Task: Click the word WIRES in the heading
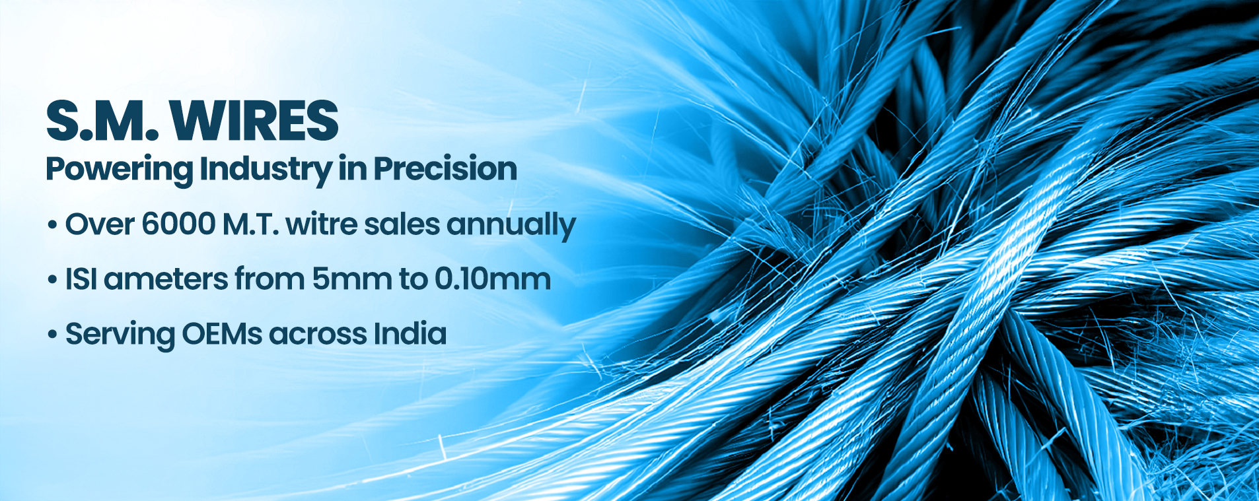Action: click(254, 121)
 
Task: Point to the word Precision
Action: click(445, 169)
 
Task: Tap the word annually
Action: click(511, 227)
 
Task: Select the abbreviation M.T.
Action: click(250, 225)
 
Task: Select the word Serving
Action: click(120, 335)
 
